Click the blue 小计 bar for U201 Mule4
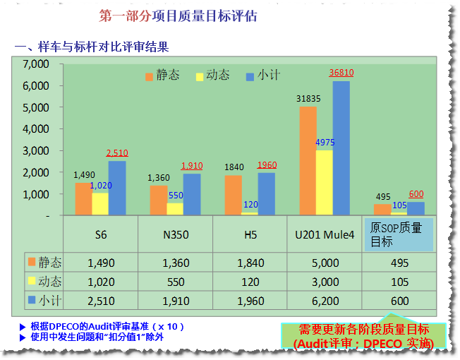tap(341, 148)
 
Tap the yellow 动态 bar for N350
tap(175, 209)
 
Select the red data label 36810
tap(341, 73)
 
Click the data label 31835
tap(308, 99)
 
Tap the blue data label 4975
tap(325, 143)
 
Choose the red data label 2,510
tap(117, 153)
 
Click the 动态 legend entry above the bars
tap(211, 76)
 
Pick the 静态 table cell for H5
tap(250, 263)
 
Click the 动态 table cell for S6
tap(101, 282)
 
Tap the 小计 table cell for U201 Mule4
tap(325, 301)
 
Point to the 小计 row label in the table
tap(45, 301)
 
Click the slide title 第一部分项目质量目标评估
tap(178, 16)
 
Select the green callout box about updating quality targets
tap(363, 336)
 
